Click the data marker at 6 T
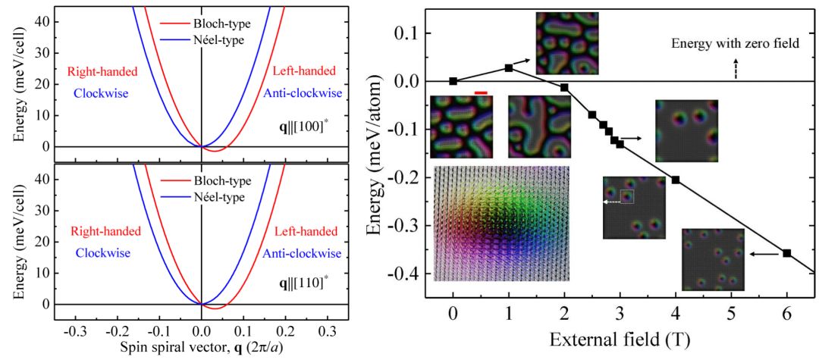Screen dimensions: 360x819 pyautogui.click(x=786, y=253)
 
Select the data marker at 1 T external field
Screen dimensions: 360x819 pyautogui.click(x=508, y=67)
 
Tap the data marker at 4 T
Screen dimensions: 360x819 pyautogui.click(x=675, y=180)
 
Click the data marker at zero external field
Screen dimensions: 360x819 pyautogui.click(x=453, y=81)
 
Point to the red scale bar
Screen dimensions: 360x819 pyautogui.click(x=480, y=92)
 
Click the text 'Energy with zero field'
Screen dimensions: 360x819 pyautogui.click(x=736, y=44)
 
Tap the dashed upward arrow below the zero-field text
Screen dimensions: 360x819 pyautogui.click(x=734, y=70)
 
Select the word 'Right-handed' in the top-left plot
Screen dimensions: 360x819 pyautogui.click(x=102, y=73)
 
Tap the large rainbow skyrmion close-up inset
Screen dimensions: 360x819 pyautogui.click(x=500, y=224)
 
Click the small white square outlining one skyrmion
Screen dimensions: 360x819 pyautogui.click(x=627, y=197)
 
